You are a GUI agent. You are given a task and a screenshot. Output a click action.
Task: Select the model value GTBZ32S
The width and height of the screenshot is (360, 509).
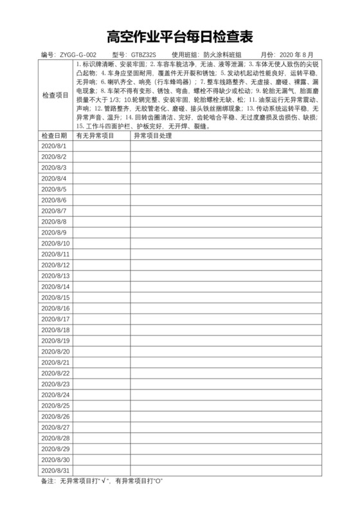[x=143, y=55]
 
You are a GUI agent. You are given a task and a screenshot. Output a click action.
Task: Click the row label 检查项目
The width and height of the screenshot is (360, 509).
[x=55, y=95]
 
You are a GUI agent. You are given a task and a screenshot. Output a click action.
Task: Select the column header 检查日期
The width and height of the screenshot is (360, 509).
[x=55, y=136]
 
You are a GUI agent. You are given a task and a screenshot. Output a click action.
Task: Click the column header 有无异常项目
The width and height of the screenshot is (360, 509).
[x=95, y=136]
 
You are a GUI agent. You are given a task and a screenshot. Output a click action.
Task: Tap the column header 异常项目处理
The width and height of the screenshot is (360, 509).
[x=152, y=136]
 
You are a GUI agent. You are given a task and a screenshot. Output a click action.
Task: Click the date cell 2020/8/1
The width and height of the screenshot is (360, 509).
[x=54, y=147]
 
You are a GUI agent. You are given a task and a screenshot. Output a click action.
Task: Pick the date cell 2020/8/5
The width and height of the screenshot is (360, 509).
[x=54, y=189]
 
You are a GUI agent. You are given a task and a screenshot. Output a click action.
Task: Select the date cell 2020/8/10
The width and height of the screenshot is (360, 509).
[x=55, y=243]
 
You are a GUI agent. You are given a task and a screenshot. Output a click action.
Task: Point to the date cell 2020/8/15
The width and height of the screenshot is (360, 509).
[x=55, y=297]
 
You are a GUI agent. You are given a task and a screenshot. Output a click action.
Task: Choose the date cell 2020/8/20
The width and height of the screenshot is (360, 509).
[x=55, y=351]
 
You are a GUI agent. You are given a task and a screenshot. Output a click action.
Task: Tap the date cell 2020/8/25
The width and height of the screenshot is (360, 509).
[x=55, y=406]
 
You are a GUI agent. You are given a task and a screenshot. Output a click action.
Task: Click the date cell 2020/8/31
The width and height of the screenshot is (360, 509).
[x=55, y=470]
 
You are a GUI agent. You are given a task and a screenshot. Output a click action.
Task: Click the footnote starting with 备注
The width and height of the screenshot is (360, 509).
[x=102, y=481]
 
